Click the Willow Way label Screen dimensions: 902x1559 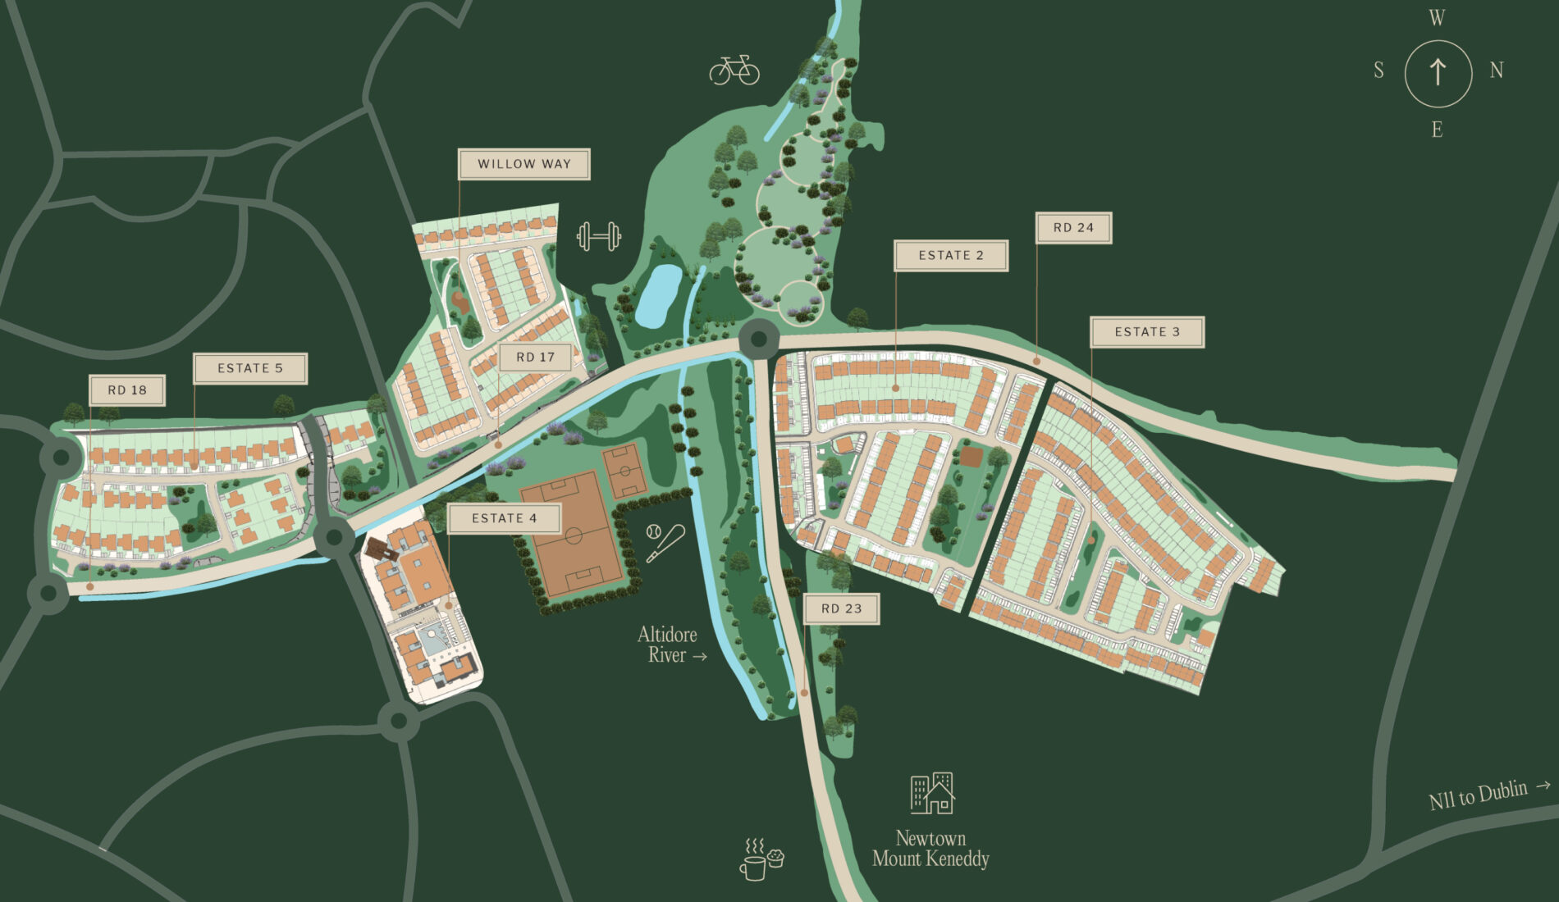coord(523,164)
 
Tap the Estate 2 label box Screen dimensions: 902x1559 coord(950,256)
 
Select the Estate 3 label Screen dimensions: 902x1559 coord(1146,332)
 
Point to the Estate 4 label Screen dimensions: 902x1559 coord(504,518)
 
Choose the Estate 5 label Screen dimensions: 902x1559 coord(249,369)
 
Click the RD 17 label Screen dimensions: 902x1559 coord(535,358)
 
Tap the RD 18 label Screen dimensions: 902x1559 coord(127,390)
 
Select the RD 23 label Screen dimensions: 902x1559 coord(841,608)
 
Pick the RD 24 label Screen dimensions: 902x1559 coord(1073,228)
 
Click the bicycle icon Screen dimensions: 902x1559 coord(734,71)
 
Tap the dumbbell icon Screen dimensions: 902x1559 coord(599,237)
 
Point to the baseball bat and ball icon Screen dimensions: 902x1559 coord(664,542)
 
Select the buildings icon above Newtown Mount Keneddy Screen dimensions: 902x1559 coord(933,793)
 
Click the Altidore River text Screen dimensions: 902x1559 coord(669,645)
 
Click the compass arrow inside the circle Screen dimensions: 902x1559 coord(1438,73)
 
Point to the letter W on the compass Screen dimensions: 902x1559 coord(1437,19)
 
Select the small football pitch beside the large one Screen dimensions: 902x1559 coord(625,471)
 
